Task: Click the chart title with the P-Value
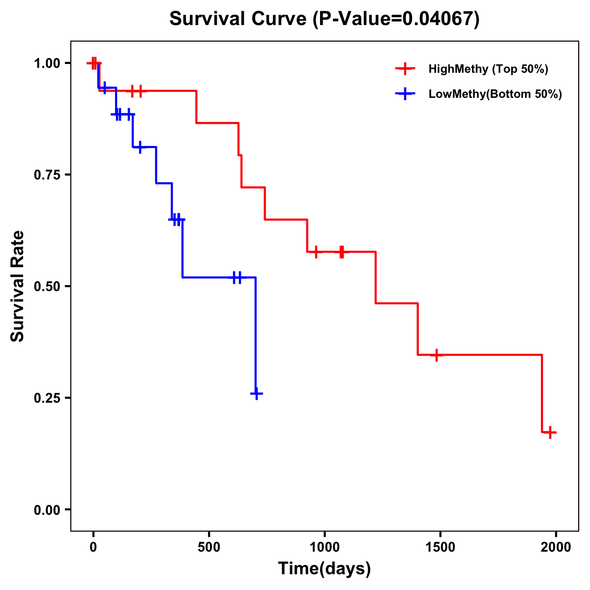324,19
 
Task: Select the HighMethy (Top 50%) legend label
488,69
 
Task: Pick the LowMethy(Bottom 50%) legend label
495,94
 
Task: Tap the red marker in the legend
405,69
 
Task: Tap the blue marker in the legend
405,94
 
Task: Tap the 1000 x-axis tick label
324,547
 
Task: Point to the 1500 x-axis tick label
440,547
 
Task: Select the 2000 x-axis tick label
556,547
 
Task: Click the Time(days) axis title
324,569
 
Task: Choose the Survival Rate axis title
18,286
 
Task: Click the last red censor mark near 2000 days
551,433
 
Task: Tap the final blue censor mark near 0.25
257,394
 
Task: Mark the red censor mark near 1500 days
436,354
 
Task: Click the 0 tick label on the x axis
93,547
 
